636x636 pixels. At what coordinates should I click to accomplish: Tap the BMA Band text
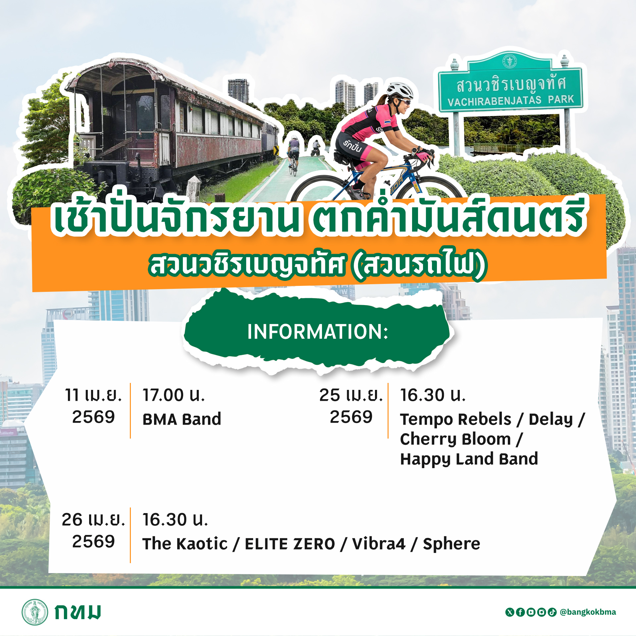tap(182, 419)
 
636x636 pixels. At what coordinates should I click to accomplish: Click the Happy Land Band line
tap(469, 459)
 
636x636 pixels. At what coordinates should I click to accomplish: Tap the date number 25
tap(330, 395)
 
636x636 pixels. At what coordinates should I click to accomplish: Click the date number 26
tap(72, 519)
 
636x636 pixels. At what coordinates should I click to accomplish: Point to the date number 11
tap(72, 395)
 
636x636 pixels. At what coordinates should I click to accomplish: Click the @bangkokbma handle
tap(588, 612)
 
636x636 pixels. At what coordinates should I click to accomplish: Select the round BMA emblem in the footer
tap(35, 612)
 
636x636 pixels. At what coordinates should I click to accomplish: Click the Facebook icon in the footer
tap(520, 612)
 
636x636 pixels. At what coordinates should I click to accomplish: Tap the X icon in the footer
tap(510, 612)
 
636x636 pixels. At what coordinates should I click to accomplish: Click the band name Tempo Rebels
tap(456, 419)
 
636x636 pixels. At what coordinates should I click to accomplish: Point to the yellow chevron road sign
tap(276, 150)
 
